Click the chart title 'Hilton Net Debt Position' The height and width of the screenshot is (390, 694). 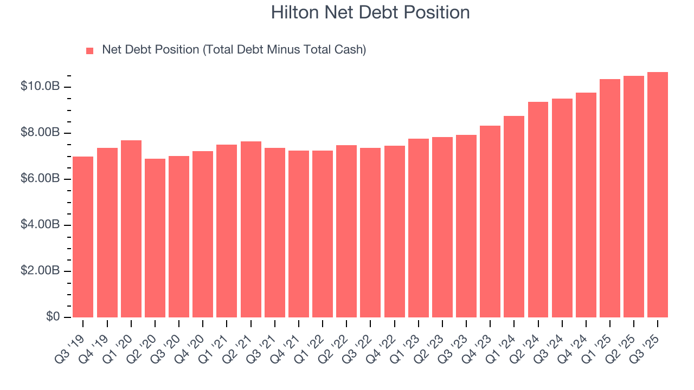[370, 12]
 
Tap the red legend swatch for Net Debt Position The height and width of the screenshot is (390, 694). [90, 50]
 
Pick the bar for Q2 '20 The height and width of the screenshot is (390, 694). [155, 238]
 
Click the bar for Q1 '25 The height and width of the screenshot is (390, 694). [610, 198]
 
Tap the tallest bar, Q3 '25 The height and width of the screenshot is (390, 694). [658, 194]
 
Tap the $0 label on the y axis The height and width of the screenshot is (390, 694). [52, 317]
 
